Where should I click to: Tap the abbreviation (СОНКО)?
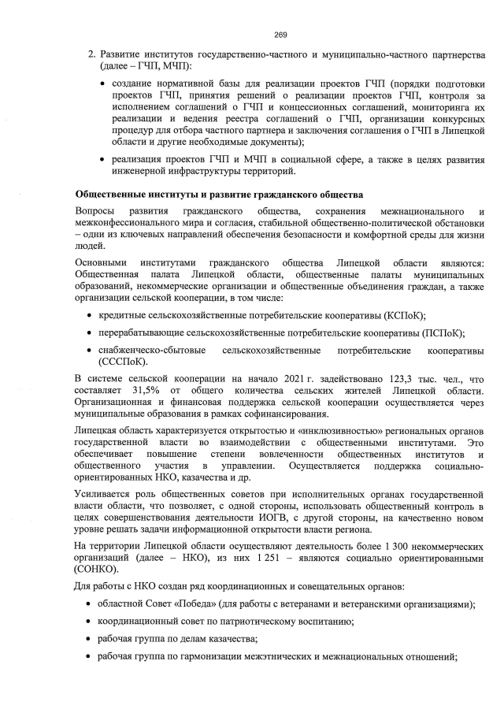[97, 570]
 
